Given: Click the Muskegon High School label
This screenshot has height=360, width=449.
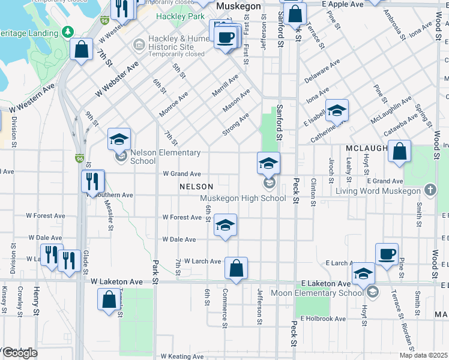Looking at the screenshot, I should click(243, 198).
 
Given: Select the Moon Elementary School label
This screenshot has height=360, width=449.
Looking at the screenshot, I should click(316, 293).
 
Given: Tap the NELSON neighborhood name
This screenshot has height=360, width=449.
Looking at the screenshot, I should click(196, 187).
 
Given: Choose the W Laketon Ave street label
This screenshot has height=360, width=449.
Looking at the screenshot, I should click(117, 281).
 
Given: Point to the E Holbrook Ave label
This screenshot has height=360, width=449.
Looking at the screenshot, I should click(324, 319).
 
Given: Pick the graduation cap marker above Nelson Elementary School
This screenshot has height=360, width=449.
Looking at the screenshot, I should click(119, 139).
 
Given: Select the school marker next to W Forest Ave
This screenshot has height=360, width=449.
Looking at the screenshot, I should click(225, 224).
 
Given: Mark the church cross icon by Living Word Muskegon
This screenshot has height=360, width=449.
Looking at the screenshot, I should click(430, 191).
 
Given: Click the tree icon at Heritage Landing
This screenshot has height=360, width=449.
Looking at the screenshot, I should click(68, 31).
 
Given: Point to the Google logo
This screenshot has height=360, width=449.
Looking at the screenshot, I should click(20, 352).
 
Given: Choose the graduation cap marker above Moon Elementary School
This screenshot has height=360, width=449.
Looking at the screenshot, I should click(363, 274).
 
